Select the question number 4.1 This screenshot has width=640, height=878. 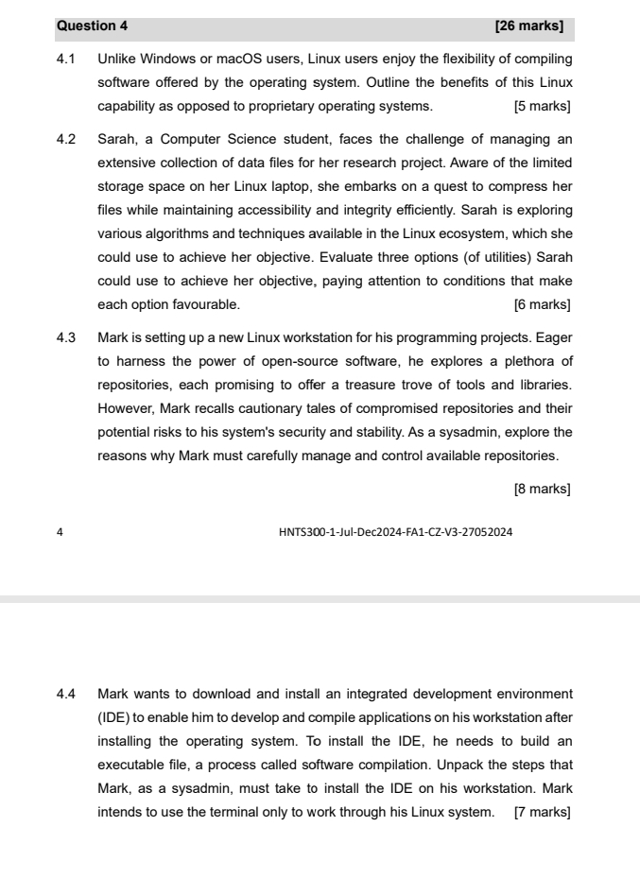[x=66, y=60]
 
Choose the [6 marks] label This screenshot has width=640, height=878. [x=542, y=304]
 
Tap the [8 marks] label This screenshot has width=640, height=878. [x=542, y=489]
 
